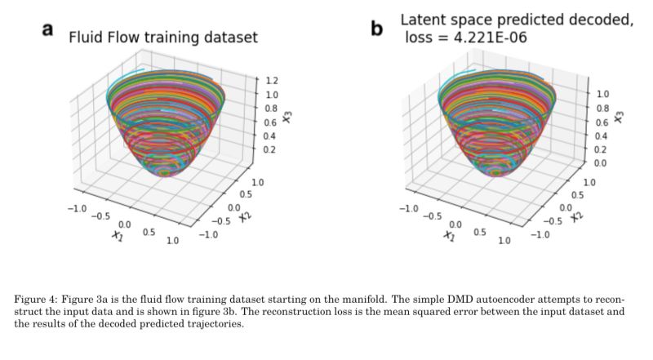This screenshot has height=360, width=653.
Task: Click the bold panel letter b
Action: (x=376, y=30)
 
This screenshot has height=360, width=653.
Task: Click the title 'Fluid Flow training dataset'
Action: (x=162, y=38)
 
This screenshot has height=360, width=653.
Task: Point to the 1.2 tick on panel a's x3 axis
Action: (x=272, y=82)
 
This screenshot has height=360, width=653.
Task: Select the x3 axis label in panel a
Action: (x=287, y=117)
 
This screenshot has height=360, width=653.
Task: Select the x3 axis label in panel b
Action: (x=618, y=117)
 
